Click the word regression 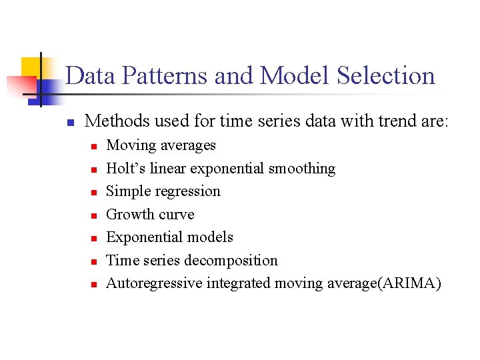pos(187,191)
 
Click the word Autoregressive pos(154,283)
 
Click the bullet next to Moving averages pos(95,146)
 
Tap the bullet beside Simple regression pos(95,192)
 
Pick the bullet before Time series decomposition pos(95,261)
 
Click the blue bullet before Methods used pos(69,122)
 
